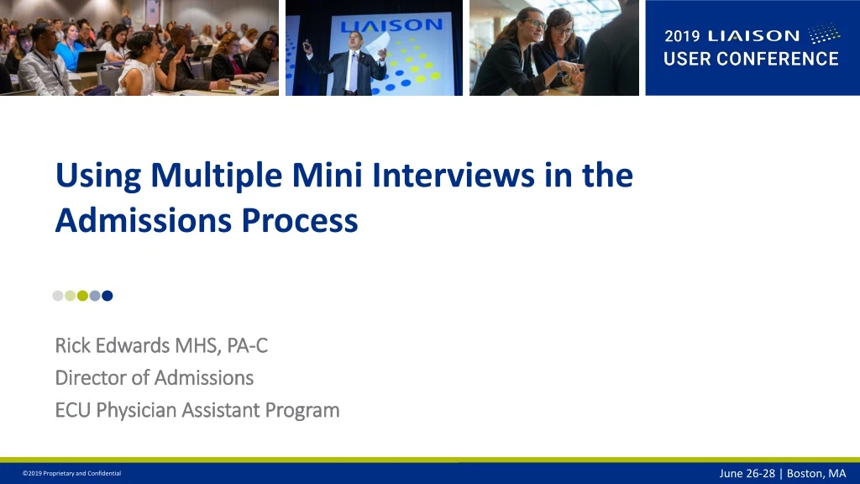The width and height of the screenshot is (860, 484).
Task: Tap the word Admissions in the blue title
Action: click(144, 220)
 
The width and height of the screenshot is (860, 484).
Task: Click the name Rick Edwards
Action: click(113, 345)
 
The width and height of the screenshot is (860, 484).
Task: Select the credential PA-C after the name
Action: click(247, 345)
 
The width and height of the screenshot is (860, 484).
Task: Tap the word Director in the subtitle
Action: click(91, 378)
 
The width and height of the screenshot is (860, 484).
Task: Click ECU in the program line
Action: click(73, 410)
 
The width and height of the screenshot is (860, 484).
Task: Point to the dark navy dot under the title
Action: click(107, 295)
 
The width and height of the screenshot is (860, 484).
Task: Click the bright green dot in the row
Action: click(82, 295)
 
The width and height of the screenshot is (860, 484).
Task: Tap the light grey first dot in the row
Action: click(58, 295)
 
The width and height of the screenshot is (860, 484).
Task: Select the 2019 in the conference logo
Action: click(682, 36)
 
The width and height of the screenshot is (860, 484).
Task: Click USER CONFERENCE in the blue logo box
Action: click(751, 59)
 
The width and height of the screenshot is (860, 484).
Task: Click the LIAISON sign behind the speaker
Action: click(391, 25)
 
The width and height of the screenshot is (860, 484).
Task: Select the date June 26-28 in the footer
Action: click(747, 473)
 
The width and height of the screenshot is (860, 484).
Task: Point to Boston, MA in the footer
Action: click(815, 473)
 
